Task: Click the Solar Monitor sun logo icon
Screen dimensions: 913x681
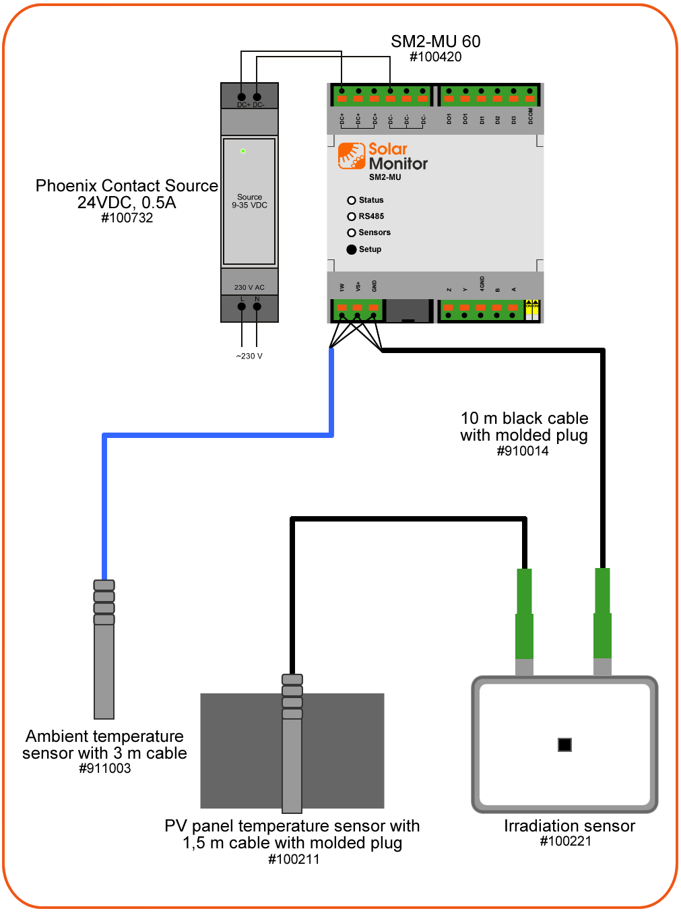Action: point(352,156)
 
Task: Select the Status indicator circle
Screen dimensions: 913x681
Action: point(351,200)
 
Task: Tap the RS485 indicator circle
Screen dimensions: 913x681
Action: point(351,216)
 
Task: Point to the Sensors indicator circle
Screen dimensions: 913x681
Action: point(351,232)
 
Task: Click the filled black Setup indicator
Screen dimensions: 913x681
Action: point(351,249)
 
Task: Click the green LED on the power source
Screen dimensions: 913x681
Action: point(243,151)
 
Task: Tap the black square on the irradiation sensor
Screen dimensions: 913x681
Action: point(564,745)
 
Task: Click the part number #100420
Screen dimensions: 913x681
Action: point(436,57)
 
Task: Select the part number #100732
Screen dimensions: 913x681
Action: point(127,218)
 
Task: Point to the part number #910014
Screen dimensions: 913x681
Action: point(523,451)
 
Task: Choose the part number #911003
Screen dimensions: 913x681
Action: point(104,769)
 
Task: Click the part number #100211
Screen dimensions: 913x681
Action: point(294,859)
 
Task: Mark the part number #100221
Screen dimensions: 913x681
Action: point(566,841)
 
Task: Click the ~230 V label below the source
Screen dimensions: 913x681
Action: point(249,356)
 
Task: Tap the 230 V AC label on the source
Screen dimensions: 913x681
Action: point(249,288)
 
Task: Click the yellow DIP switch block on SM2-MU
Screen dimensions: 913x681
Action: point(532,310)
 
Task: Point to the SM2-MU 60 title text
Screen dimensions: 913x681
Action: point(436,42)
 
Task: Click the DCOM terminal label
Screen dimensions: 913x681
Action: point(531,116)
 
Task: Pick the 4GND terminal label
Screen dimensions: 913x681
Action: point(482,284)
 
